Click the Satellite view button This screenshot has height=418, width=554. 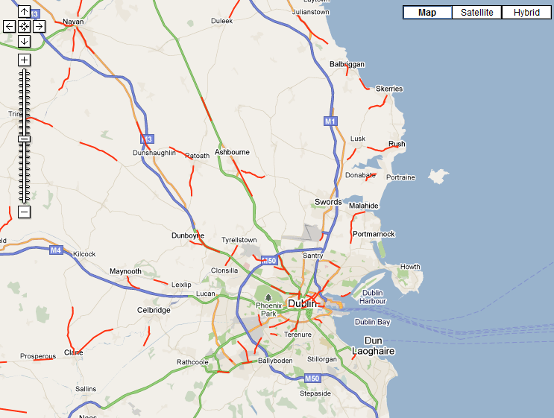476,12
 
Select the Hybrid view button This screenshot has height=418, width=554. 526,12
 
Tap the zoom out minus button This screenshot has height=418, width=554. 25,212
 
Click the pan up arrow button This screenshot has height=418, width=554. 25,12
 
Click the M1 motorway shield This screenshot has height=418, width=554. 330,121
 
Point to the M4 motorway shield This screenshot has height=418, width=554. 56,250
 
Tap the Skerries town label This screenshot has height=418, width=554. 389,89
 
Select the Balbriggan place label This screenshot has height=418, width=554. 347,64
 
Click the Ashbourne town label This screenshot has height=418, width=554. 232,152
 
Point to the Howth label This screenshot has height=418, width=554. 410,267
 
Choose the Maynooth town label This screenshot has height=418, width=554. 125,271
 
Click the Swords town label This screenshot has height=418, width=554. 328,202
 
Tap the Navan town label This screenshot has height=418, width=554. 74,22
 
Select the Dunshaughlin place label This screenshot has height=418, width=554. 154,153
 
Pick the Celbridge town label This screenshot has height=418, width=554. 154,310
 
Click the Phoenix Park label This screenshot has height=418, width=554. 269,309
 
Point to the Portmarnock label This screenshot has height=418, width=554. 374,234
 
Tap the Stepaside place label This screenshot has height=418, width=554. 315,393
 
